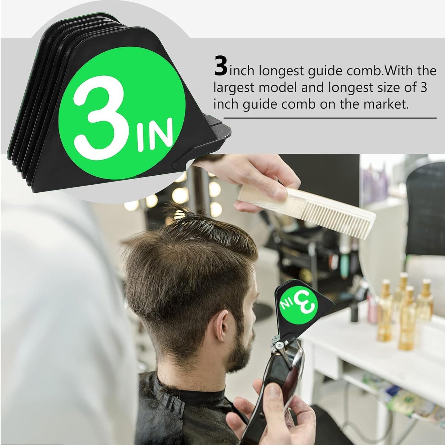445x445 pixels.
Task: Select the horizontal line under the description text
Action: click(330, 118)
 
